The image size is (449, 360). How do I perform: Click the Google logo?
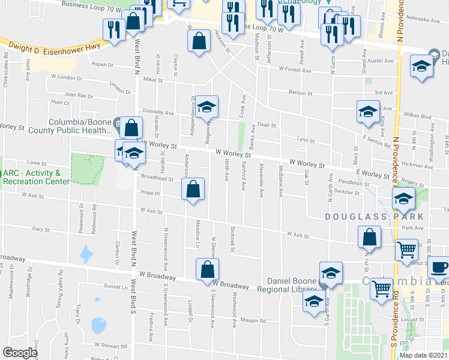tap(20, 353)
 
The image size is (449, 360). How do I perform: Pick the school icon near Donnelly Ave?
tap(207, 107)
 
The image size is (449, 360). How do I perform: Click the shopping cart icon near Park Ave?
tap(407, 248)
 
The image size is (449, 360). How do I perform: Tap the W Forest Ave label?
tap(295, 70)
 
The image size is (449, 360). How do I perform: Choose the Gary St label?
tap(41, 229)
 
